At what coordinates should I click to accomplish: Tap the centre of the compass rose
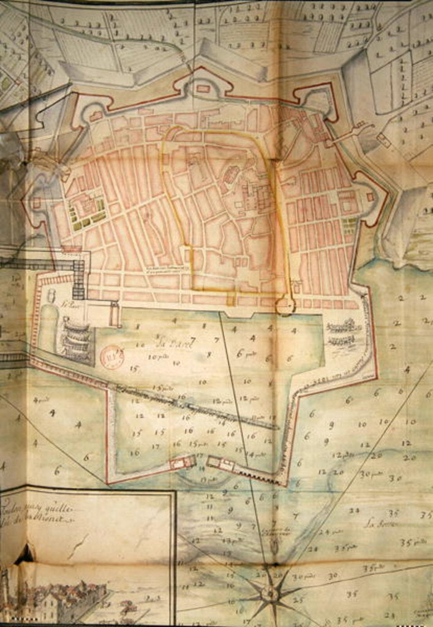269,593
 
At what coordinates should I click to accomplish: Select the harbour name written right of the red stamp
174,344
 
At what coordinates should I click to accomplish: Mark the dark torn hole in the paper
24,555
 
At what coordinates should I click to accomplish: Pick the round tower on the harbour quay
285,306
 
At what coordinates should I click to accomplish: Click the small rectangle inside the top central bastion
203,88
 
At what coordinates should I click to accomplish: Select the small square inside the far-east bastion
370,197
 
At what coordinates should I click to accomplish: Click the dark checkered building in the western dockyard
78,280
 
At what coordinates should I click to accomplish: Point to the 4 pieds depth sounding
41,400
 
